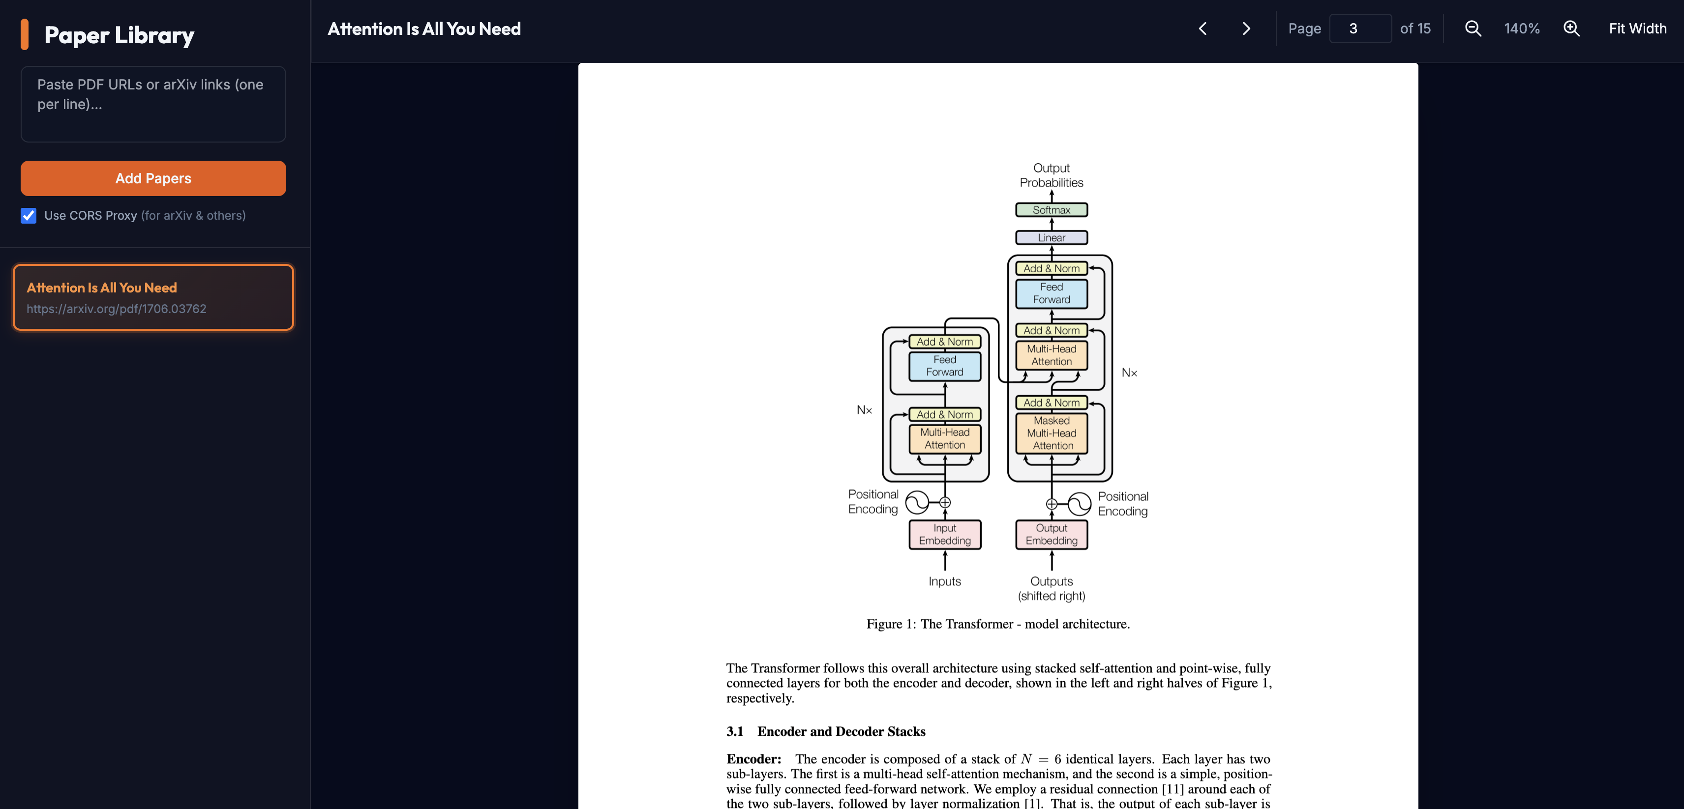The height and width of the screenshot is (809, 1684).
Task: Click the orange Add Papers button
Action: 153,178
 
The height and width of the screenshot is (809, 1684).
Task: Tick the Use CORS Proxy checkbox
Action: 29,216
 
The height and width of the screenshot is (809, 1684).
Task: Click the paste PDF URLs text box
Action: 153,104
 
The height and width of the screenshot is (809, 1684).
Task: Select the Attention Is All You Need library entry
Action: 153,297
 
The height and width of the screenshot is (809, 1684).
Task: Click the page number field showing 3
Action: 1360,29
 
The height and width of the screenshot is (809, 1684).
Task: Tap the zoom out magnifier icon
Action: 1473,29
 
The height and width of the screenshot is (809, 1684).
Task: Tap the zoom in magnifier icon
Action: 1571,29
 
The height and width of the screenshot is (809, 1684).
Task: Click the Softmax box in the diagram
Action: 1051,210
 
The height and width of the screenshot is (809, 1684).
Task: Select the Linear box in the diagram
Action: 1051,238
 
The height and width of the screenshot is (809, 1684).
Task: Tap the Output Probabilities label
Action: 1051,175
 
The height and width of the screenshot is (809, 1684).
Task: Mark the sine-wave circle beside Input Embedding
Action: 917,502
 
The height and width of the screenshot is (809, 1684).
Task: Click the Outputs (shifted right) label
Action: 1051,588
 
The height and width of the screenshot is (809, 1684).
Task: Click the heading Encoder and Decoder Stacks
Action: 841,731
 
